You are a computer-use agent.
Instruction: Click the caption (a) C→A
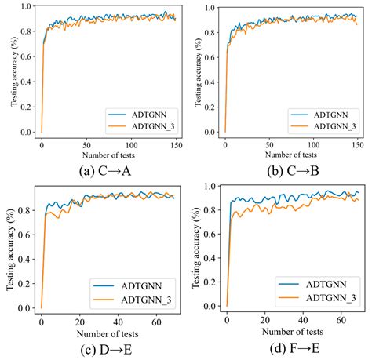pyautogui.click(x=93, y=169)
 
